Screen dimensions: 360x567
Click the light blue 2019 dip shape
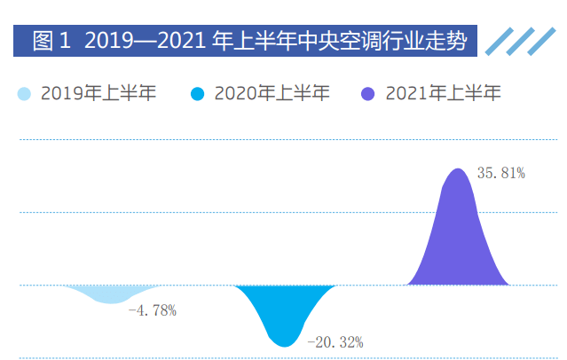110,293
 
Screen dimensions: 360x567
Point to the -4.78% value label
153,310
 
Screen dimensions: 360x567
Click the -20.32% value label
335,341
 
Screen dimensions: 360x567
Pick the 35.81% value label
501,174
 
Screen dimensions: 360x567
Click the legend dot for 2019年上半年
24,93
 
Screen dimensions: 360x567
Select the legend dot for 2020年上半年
198,93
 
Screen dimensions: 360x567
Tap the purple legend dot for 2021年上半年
369,93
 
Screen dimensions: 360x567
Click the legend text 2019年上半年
98,93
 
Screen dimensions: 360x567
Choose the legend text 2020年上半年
272,93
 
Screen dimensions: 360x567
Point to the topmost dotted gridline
284,139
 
